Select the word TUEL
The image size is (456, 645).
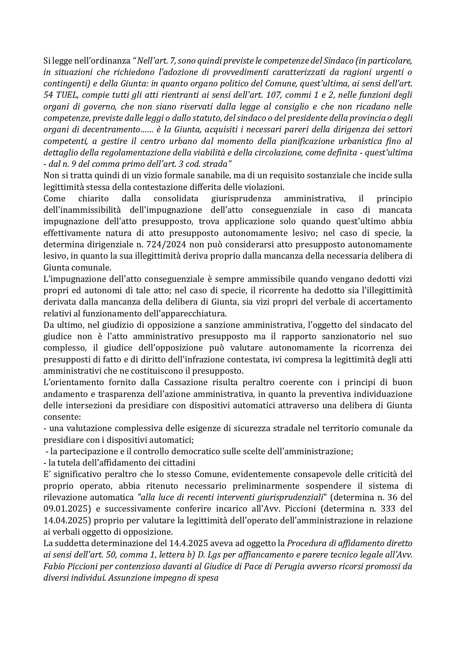tap(68, 95)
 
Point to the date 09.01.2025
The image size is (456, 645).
tap(64, 509)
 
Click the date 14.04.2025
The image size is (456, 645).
tap(64, 520)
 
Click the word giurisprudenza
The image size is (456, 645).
tap(241, 199)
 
